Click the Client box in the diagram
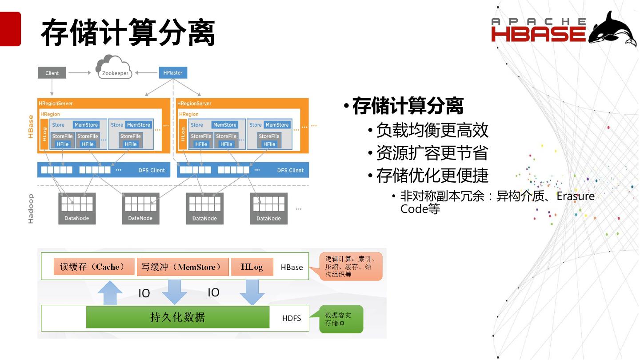coord(52,73)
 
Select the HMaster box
coord(172,72)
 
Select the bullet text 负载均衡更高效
coord(432,130)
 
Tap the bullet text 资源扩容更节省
coord(432,153)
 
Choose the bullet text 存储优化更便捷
coord(432,176)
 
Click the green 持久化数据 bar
coord(178,317)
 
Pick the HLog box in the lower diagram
coord(252,267)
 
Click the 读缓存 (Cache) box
coord(94,267)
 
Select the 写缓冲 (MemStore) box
coord(183,267)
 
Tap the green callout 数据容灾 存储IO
coord(341,319)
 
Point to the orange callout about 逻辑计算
coord(351,267)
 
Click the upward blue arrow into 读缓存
coord(109,292)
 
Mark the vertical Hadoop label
coord(31,208)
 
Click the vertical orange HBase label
coord(31,127)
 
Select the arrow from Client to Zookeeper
coord(80,73)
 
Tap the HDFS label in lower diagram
coord(292,318)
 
